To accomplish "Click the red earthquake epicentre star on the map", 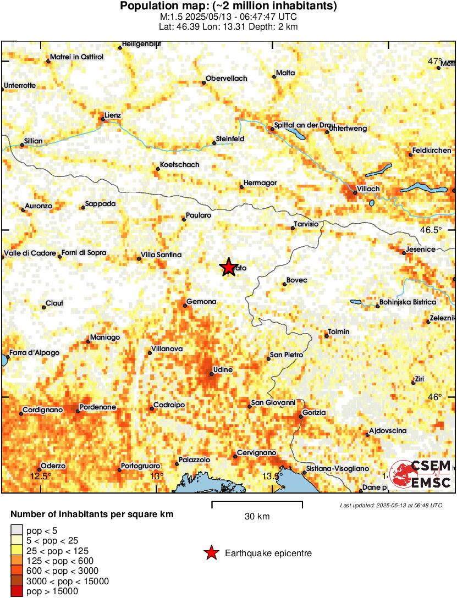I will [x=229, y=268].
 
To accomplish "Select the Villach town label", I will [x=368, y=189].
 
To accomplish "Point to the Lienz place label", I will [x=112, y=115].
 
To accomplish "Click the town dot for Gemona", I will [x=185, y=306].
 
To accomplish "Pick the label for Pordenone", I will [x=98, y=407].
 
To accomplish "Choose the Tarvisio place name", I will [x=306, y=224].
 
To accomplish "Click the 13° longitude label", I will [x=157, y=476].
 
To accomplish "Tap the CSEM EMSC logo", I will [x=421, y=474].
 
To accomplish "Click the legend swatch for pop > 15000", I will [x=16, y=592].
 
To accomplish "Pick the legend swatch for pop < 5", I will [x=16, y=530].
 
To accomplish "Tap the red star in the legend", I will [x=211, y=553].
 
